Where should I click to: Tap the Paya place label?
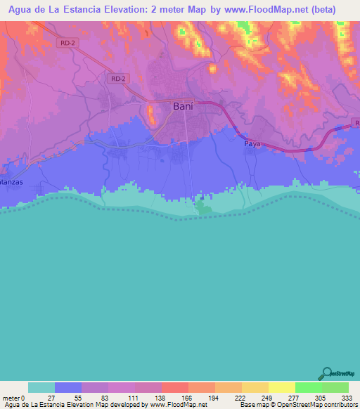tap(252, 143)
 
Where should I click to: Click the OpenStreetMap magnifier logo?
tap(327, 373)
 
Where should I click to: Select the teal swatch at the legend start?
tap(41, 387)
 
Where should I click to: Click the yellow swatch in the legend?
tap(282, 387)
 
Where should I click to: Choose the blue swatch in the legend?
tap(68, 387)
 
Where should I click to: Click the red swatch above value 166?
tap(175, 387)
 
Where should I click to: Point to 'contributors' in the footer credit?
tap(339, 405)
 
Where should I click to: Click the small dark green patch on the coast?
tap(202, 207)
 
